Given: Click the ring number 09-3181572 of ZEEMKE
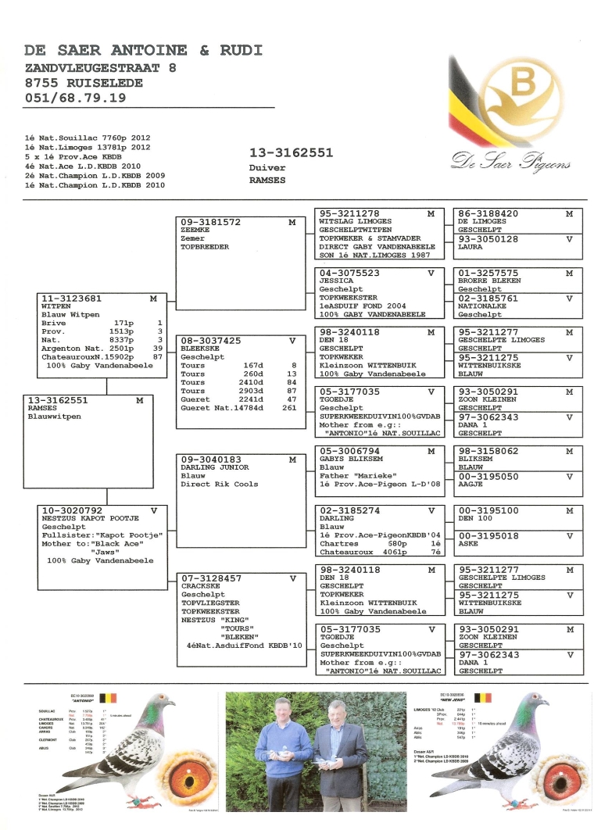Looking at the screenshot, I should (211, 223).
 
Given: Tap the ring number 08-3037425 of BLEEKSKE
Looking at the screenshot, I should (211, 341).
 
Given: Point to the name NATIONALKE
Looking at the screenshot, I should (482, 306).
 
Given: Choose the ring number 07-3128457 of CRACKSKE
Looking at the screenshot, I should (211, 578).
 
